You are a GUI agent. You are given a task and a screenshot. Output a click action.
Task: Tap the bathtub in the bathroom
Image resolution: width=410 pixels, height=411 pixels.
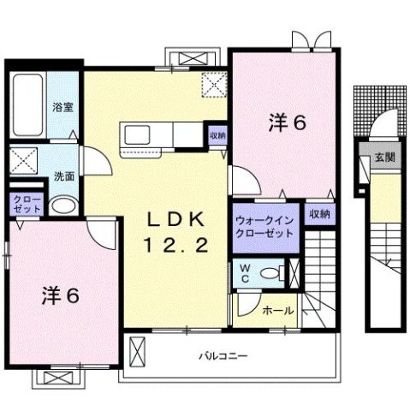click(28, 108)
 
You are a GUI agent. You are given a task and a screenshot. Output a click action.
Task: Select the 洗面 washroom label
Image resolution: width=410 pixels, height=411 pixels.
click(63, 176)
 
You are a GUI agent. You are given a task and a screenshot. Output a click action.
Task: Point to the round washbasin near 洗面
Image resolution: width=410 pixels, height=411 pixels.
click(61, 205)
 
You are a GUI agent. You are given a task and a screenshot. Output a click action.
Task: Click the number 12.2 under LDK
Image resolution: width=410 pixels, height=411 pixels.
click(176, 247)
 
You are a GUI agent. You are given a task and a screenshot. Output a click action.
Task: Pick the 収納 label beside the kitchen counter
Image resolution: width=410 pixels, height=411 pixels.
click(217, 135)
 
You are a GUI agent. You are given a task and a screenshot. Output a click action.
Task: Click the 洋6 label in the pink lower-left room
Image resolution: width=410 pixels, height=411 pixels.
click(61, 297)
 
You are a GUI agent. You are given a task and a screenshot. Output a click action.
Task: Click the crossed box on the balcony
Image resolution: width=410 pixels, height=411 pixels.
click(138, 349)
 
